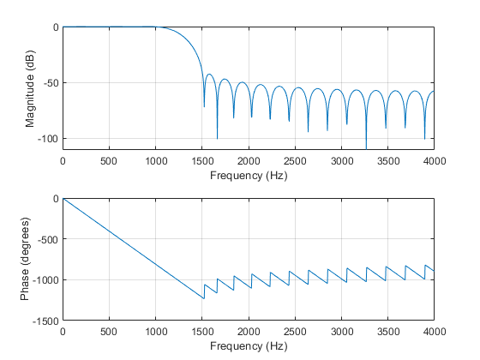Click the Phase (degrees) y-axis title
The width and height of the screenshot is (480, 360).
coord(29,260)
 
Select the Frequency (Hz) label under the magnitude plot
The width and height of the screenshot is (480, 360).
coord(248,176)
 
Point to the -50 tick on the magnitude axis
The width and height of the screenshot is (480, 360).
coord(47,83)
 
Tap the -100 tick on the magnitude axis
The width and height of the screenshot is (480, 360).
coord(45,139)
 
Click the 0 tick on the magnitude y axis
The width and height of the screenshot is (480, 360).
coord(55,27)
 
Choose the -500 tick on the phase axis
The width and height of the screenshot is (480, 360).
coord(45,239)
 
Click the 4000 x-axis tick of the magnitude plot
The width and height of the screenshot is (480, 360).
coord(434,160)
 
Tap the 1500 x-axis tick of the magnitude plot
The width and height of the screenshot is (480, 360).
coord(201,160)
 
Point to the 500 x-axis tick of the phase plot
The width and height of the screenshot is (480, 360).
coord(109,332)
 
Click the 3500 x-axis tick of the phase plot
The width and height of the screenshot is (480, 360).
coord(387,332)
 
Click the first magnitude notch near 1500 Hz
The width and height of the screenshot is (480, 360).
coord(204,106)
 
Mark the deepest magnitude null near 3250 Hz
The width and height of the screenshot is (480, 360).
coord(366,147)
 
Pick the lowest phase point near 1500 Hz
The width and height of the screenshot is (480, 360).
coord(203,298)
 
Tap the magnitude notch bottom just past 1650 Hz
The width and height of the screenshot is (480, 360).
coord(217,137)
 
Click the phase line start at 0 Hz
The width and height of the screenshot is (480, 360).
coord(63,199)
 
